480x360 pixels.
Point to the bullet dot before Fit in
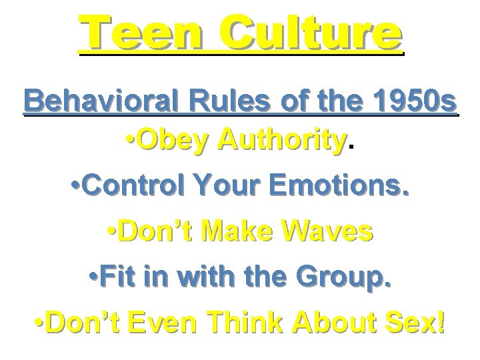click(x=94, y=276)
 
